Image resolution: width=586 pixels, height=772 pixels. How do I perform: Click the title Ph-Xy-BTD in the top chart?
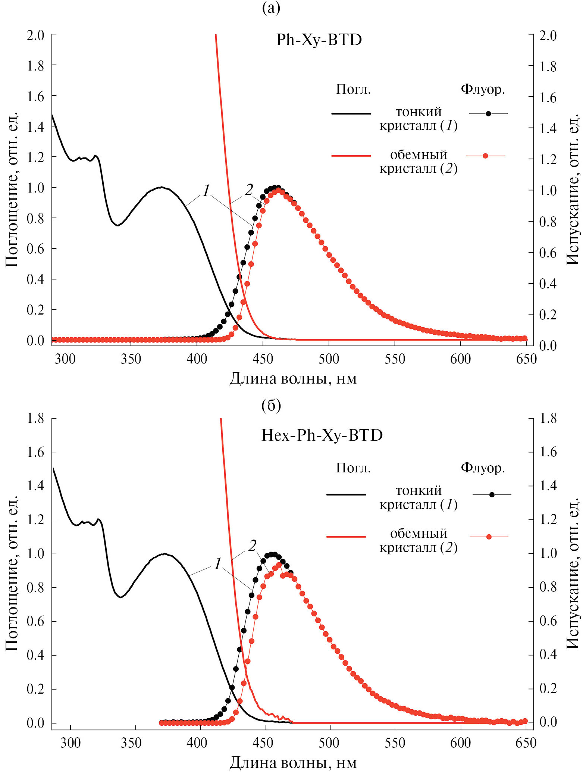point(319,40)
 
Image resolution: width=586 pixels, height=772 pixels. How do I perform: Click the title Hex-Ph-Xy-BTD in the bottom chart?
point(322,435)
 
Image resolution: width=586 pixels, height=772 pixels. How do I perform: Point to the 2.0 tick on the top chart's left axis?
point(35,35)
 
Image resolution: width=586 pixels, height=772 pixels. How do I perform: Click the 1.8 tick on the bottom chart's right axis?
point(548,419)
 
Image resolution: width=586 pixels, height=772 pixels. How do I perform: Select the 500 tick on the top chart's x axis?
point(329,359)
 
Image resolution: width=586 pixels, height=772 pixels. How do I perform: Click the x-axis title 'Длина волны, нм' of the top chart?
point(293,378)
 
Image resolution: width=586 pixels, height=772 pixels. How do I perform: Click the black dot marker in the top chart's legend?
point(488,113)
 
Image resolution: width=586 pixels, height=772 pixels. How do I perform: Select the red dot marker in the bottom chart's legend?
point(489,537)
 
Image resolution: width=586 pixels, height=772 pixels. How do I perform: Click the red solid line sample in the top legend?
point(351,156)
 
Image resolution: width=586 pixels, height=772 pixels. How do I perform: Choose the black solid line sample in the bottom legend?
point(346,494)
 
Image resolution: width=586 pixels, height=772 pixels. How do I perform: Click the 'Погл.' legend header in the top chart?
point(353,90)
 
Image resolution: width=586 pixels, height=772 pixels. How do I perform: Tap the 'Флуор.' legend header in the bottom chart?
point(483,468)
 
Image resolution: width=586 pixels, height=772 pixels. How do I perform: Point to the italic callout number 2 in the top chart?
point(249,190)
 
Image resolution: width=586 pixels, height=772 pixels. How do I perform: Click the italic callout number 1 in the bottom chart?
point(218,564)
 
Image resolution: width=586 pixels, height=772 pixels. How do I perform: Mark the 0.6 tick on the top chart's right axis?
point(548,253)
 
